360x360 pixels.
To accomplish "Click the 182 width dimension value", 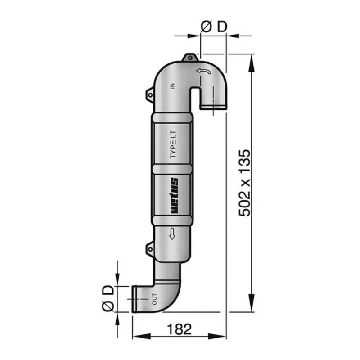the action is point(179,329).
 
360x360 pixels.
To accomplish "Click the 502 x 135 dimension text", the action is point(244,183).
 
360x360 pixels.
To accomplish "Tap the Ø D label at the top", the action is point(214,27).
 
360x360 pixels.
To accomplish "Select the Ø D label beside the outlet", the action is point(108,298).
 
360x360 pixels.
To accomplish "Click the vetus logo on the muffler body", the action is point(175,196).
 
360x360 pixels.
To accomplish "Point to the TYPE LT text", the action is point(173,144).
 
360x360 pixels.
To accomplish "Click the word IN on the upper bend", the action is point(173,86).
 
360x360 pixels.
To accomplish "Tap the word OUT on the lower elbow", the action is point(154,299).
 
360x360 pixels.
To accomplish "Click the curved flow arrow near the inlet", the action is point(204,72).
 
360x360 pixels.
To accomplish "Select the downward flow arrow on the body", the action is point(172,234).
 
